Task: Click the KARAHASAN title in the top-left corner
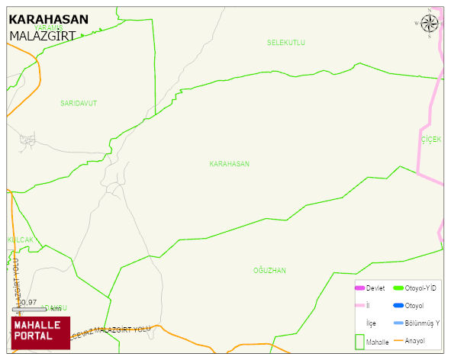(48, 20)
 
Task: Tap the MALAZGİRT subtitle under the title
(43, 35)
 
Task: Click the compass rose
(430, 24)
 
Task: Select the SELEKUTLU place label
(286, 43)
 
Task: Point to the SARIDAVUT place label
(79, 102)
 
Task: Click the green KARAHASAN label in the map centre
(229, 164)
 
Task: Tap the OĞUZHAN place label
(269, 271)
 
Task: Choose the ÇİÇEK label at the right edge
(431, 140)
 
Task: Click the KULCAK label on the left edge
(21, 239)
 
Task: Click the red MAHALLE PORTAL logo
(40, 333)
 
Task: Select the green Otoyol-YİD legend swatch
(398, 288)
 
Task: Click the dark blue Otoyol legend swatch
(398, 306)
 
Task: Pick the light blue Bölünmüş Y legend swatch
(398, 323)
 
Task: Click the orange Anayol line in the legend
(398, 340)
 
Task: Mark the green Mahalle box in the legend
(359, 342)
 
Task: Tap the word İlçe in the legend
(371, 323)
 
